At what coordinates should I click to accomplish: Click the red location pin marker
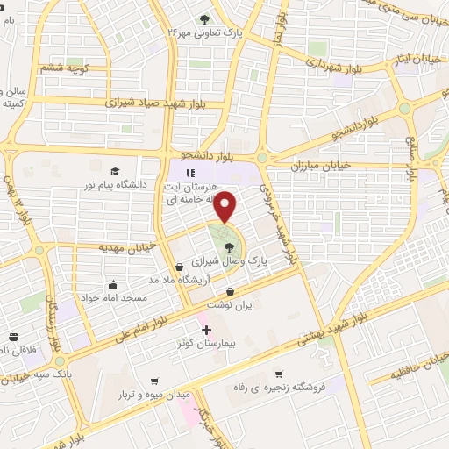[x=226, y=207]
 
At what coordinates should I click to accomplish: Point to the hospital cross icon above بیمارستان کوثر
[x=207, y=331]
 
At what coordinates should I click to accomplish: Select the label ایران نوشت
[x=231, y=306]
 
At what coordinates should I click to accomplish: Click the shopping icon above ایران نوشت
[x=230, y=292]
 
